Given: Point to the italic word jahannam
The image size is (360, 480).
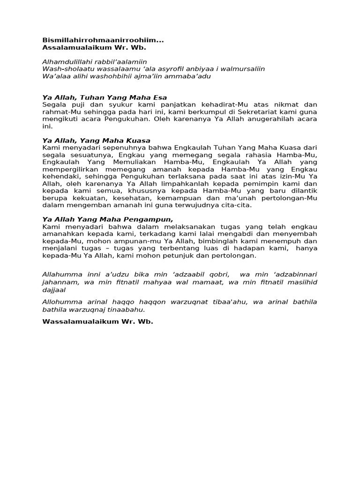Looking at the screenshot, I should [58, 282].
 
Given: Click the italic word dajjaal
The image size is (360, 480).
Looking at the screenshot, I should [54, 290].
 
